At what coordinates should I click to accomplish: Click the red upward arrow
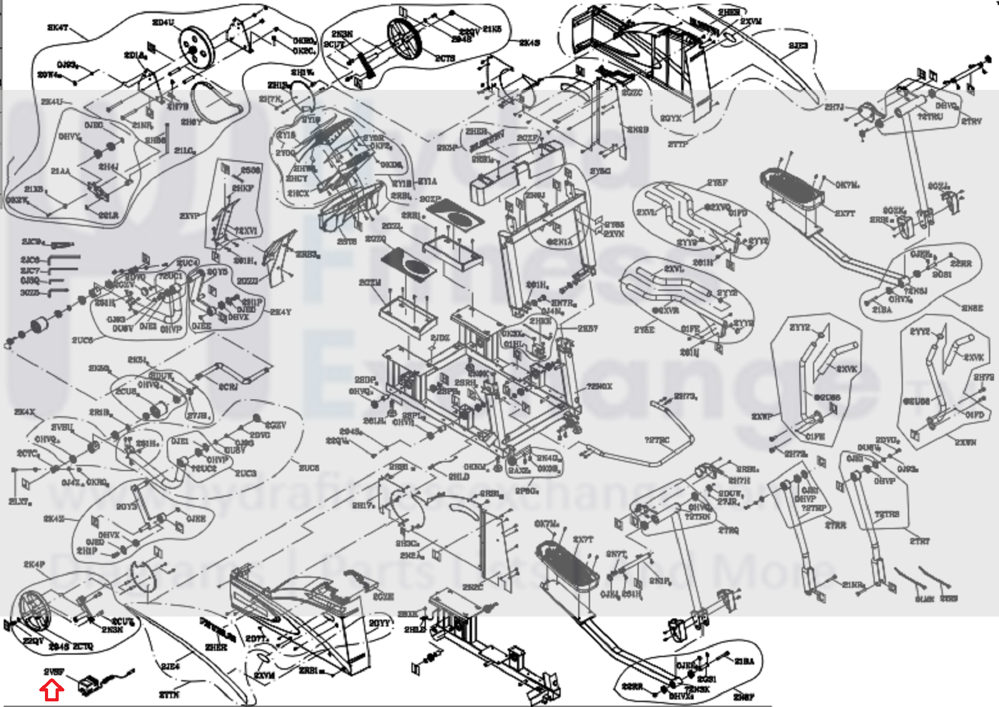[52, 690]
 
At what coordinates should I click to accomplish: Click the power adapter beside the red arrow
[91, 684]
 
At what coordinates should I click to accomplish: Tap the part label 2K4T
[57, 28]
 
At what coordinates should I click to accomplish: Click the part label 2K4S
[530, 43]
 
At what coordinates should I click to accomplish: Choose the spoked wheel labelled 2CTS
[405, 37]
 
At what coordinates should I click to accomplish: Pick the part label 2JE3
[798, 46]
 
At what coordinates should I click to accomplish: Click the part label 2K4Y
[281, 312]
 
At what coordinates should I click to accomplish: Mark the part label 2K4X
[24, 412]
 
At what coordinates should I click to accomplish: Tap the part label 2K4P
[34, 565]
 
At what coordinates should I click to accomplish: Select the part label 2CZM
[370, 283]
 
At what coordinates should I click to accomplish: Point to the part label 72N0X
[599, 387]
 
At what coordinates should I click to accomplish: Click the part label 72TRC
[657, 441]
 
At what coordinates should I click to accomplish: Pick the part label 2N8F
[743, 697]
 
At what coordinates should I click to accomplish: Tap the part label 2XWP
[762, 416]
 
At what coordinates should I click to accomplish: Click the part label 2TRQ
[728, 530]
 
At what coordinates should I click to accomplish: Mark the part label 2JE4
[171, 667]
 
